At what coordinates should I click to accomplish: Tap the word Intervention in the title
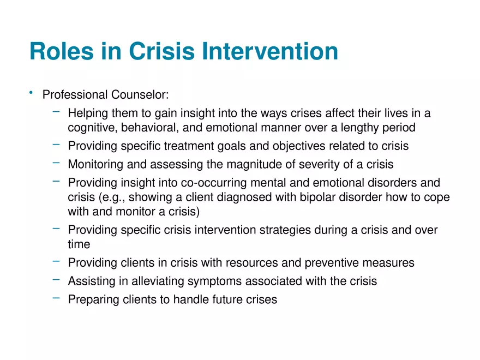click(x=270, y=51)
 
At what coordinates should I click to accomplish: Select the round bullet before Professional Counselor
click(x=32, y=93)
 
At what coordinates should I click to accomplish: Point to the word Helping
click(x=87, y=113)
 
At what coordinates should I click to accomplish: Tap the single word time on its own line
click(x=79, y=245)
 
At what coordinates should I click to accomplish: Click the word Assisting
click(x=89, y=281)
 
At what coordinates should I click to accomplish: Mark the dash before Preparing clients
click(x=56, y=298)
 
